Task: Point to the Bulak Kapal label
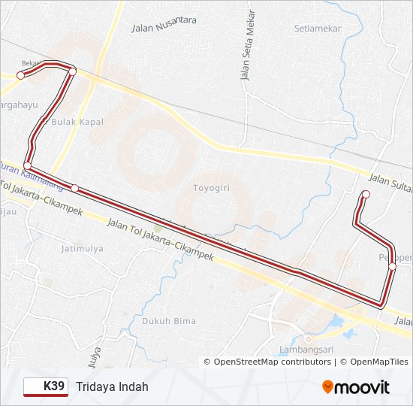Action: coord(77,122)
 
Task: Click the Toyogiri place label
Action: coord(212,187)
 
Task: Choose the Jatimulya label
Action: coord(82,247)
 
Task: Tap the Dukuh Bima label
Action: coord(169,321)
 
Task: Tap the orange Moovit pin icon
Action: coord(328,387)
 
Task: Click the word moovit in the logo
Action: coord(363,387)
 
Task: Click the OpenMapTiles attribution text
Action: coord(375,362)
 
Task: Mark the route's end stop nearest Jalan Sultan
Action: coord(366,195)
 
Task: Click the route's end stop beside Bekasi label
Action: coord(21,75)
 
